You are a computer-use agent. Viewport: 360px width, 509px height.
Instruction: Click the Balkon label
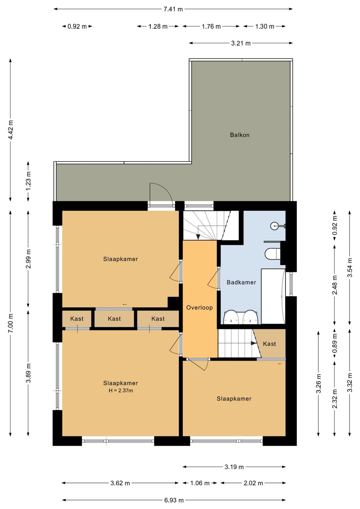click(x=240, y=135)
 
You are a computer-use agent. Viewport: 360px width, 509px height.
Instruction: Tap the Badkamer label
click(x=241, y=283)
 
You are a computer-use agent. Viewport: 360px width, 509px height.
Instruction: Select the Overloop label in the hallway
click(x=199, y=308)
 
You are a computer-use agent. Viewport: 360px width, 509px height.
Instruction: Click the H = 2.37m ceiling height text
click(x=121, y=391)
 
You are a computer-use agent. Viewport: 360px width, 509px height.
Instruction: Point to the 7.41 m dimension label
click(x=173, y=9)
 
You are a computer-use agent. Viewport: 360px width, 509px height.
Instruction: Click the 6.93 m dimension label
click(x=174, y=500)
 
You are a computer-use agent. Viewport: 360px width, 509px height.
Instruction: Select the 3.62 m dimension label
click(x=120, y=483)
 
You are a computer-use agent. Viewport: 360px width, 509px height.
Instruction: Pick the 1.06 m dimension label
click(x=200, y=483)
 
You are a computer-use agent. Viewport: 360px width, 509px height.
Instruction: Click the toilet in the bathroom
click(x=273, y=253)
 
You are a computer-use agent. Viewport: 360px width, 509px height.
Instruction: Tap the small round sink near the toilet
click(x=274, y=226)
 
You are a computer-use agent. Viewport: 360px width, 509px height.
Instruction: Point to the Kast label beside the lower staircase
click(x=269, y=344)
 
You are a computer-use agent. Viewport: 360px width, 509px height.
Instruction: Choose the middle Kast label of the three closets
click(x=114, y=319)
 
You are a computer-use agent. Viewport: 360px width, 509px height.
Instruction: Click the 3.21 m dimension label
click(x=241, y=43)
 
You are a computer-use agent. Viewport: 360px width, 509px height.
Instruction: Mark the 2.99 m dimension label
click(x=28, y=259)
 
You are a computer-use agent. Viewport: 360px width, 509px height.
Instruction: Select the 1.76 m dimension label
click(x=211, y=26)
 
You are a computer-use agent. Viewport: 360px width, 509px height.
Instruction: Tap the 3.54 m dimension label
click(x=350, y=268)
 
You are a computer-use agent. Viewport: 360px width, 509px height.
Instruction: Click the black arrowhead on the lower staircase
click(x=254, y=343)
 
